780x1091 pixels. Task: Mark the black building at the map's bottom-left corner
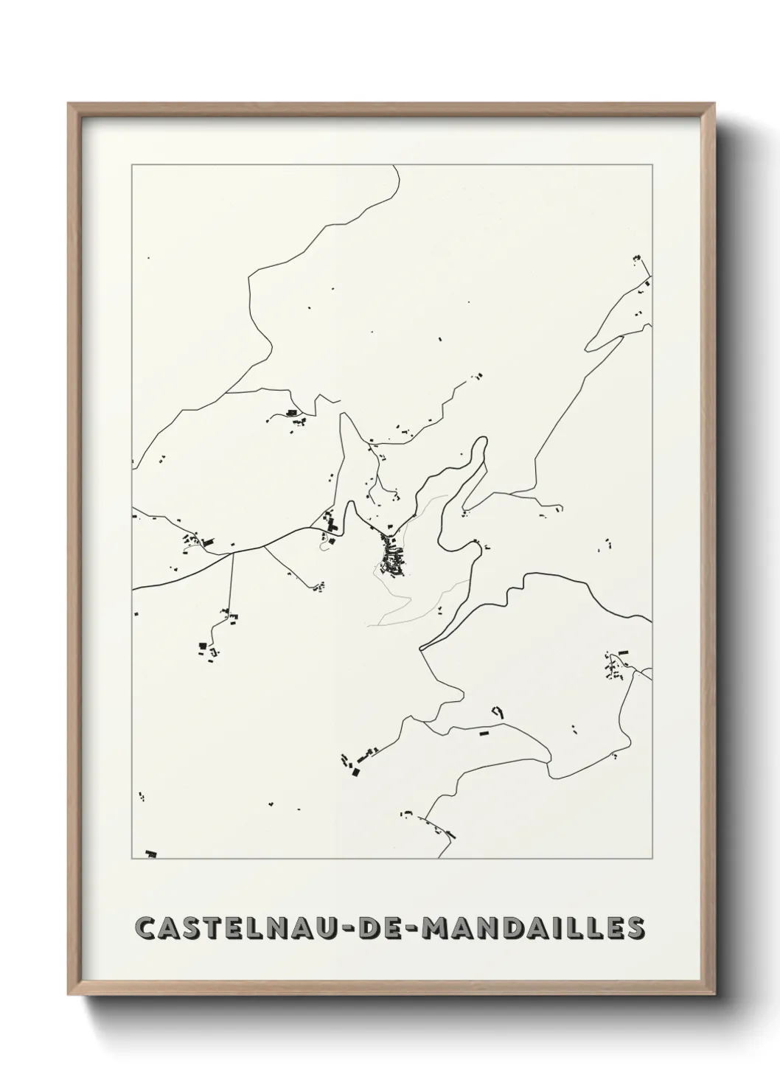tap(151, 854)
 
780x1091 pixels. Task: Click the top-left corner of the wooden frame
tap(69, 104)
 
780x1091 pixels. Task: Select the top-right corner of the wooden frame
tap(715, 104)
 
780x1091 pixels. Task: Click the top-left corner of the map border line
tap(132, 165)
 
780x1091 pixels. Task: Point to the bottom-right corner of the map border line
tap(652, 859)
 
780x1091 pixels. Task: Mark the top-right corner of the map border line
tap(652, 165)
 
